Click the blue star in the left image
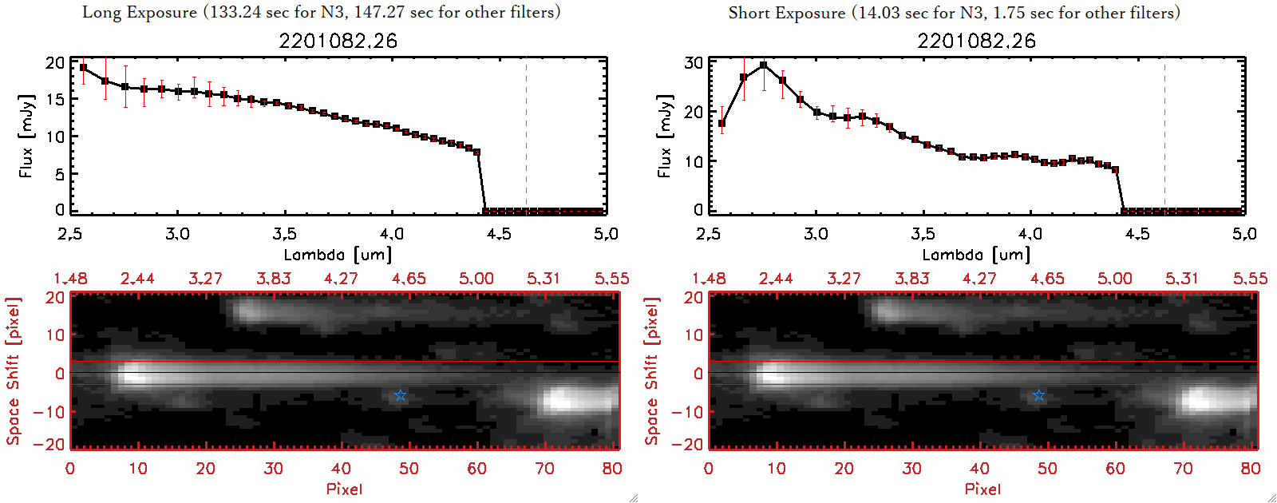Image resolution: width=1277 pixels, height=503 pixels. pyautogui.click(x=401, y=395)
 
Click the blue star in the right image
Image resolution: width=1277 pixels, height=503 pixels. pyautogui.click(x=1038, y=395)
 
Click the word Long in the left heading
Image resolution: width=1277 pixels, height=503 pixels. pyautogui.click(x=101, y=12)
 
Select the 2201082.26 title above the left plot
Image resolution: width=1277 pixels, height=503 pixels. pyautogui.click(x=338, y=41)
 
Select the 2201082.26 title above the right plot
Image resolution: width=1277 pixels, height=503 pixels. pyautogui.click(x=976, y=41)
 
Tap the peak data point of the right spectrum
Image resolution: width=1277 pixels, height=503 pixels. pyautogui.click(x=764, y=65)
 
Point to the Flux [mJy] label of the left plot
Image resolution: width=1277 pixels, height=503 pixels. pyautogui.click(x=26, y=136)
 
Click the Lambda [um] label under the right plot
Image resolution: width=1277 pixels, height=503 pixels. pyautogui.click(x=976, y=255)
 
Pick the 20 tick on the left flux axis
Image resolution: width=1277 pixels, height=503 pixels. pyautogui.click(x=55, y=62)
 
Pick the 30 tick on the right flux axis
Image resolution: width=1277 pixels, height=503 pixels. pyautogui.click(x=694, y=62)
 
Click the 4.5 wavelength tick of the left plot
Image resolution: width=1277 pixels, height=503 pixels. pyautogui.click(x=499, y=234)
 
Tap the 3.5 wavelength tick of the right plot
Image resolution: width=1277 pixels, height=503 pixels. pyautogui.click(x=923, y=234)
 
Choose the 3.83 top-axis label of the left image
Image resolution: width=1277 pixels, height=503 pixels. pyautogui.click(x=274, y=279)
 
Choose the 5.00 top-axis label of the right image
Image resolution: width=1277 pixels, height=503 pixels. pyautogui.click(x=1115, y=279)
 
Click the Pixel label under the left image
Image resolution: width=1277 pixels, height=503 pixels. pyautogui.click(x=344, y=489)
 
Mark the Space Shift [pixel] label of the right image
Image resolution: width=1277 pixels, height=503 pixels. pyautogui.click(x=652, y=371)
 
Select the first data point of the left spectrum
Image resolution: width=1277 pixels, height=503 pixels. pyautogui.click(x=84, y=68)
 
